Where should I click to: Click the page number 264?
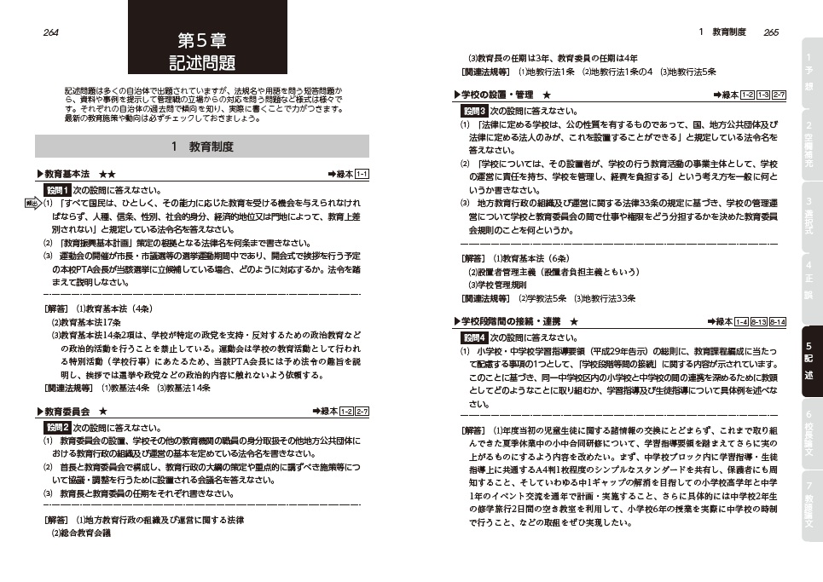coord(49,32)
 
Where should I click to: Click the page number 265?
coord(771,32)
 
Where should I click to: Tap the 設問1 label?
coord(57,190)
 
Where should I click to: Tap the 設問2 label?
coord(57,427)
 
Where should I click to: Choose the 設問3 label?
coord(473,111)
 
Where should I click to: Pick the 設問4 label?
coord(473,337)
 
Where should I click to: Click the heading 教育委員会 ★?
coord(75,412)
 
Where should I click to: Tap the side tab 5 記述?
coord(808,361)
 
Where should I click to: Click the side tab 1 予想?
coord(808,72)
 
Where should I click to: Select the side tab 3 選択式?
coord(808,216)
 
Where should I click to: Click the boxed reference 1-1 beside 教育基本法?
coord(361,175)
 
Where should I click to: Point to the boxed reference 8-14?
coord(777,321)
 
